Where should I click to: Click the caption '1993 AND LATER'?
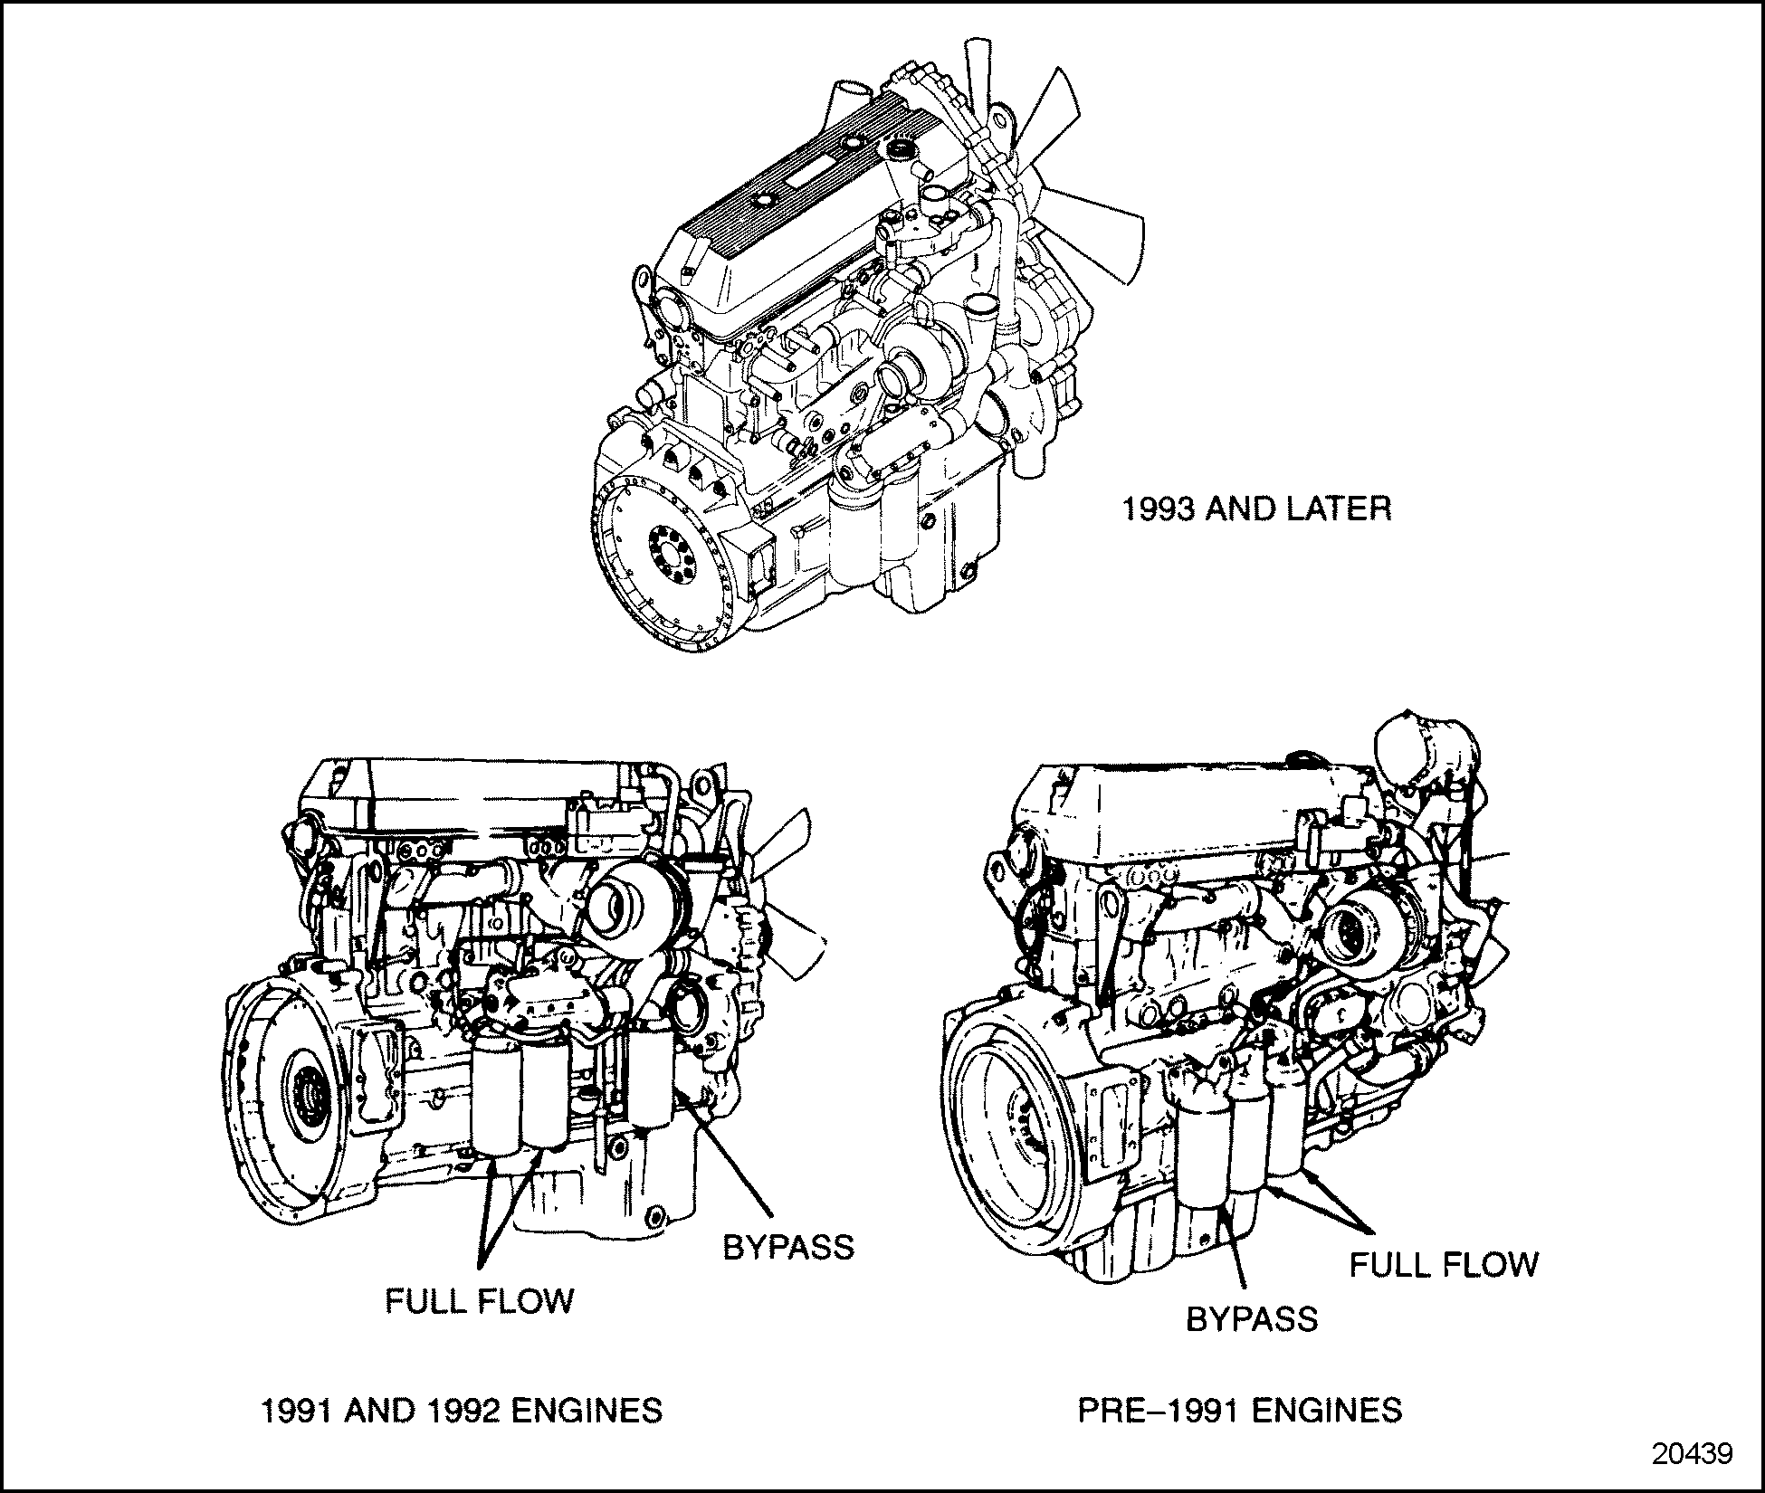tap(1256, 509)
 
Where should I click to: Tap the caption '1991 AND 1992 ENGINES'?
tap(462, 1411)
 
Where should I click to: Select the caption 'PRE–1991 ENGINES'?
tap(1240, 1411)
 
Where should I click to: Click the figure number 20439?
tap(1692, 1453)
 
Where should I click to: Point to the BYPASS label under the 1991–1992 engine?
tap(787, 1248)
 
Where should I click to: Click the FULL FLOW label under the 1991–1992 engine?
tap(480, 1301)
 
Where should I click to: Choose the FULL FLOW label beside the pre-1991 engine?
tap(1444, 1265)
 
